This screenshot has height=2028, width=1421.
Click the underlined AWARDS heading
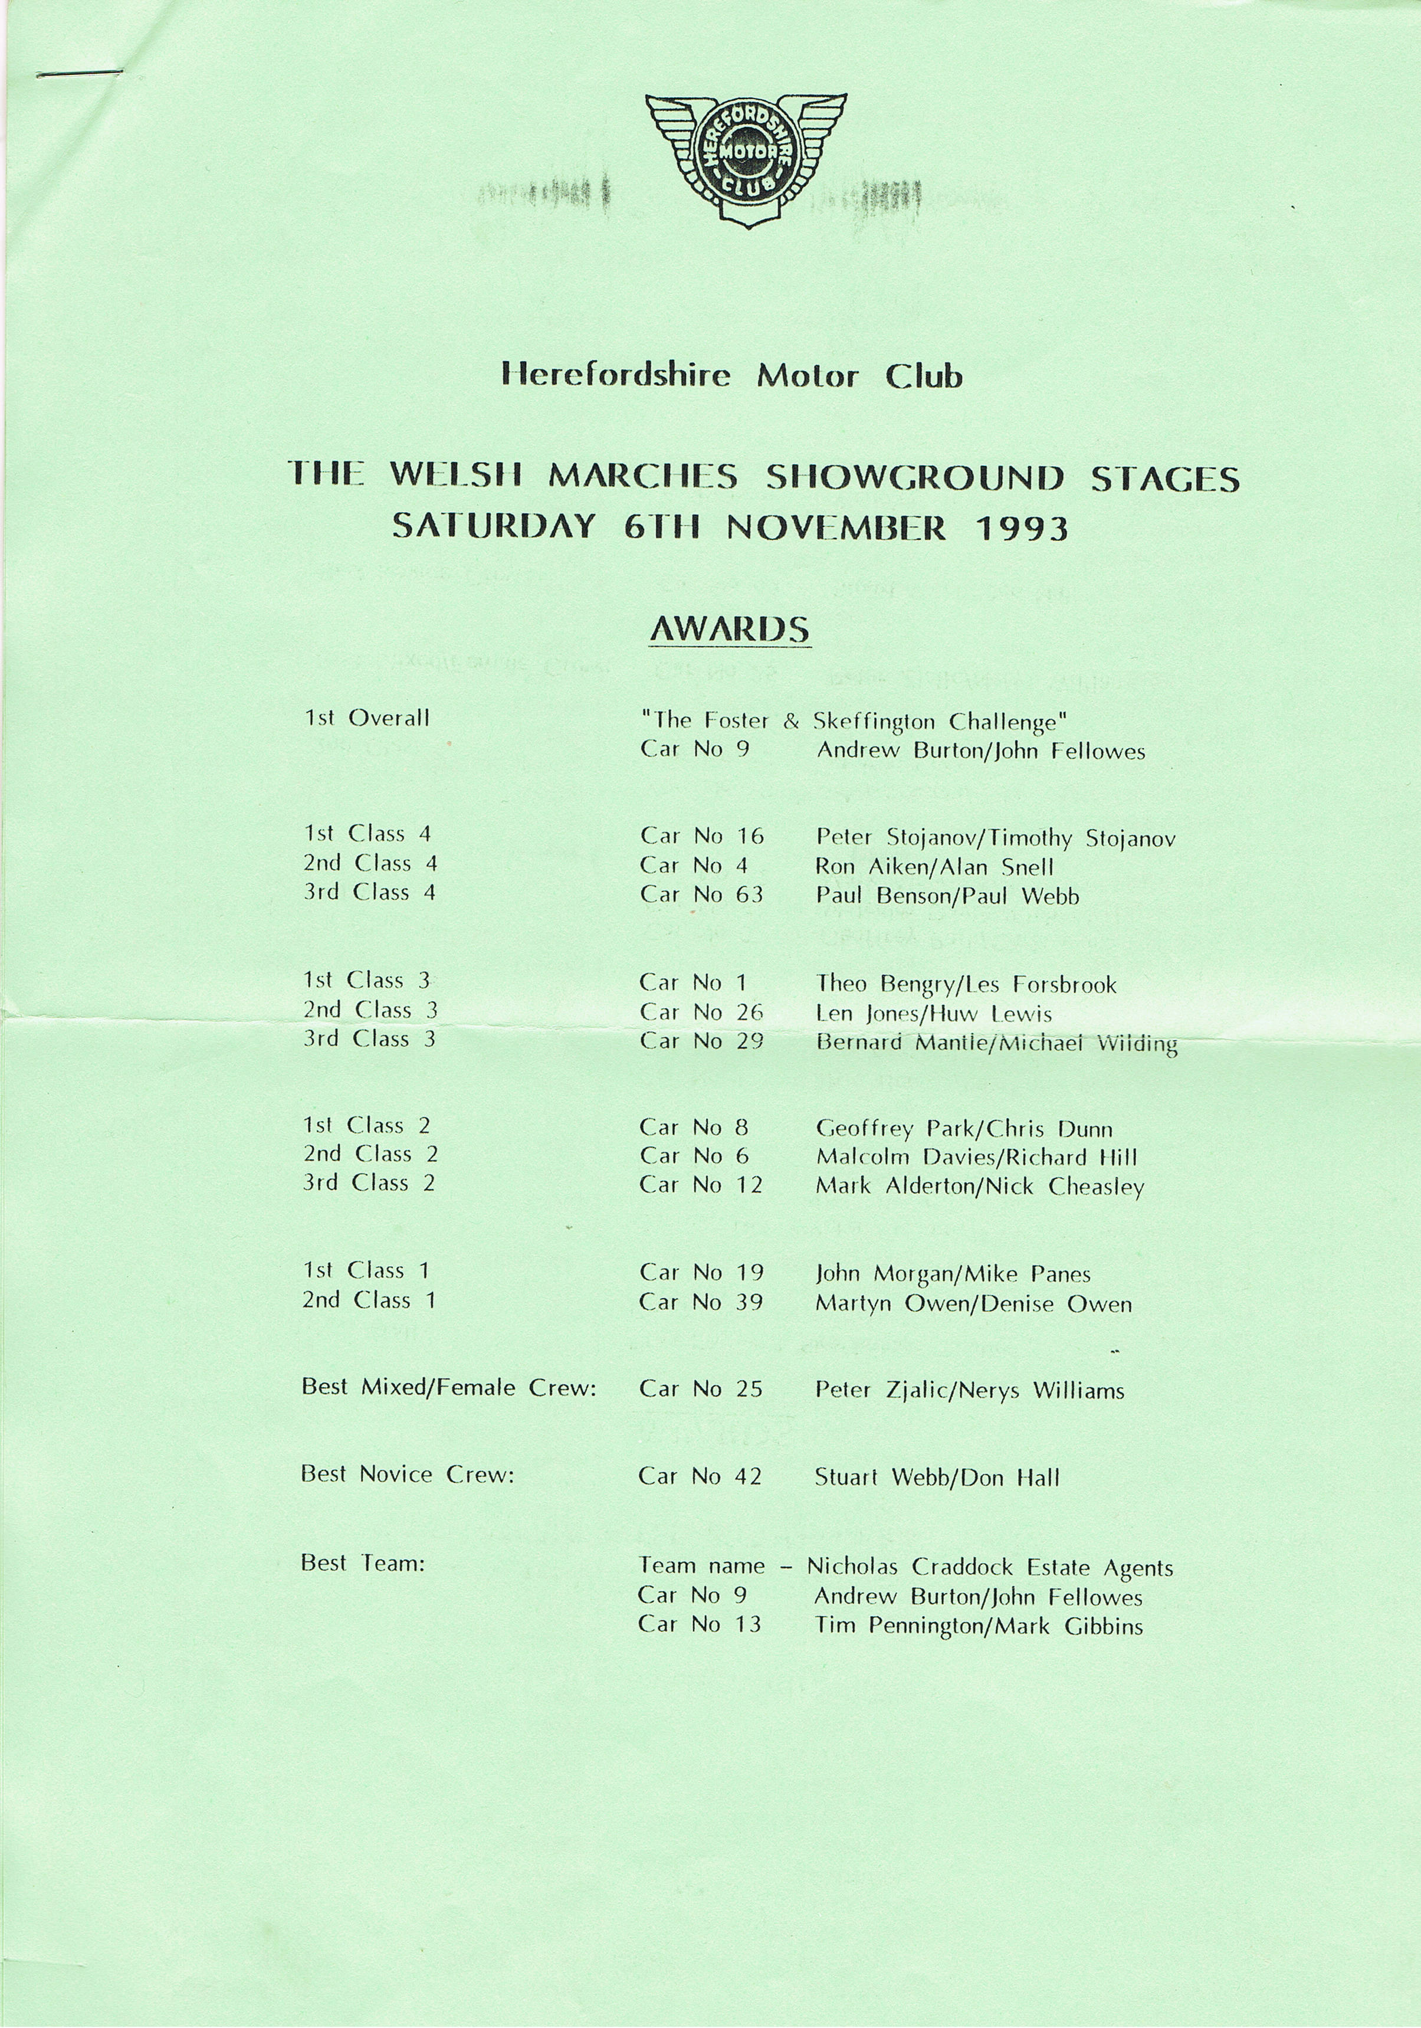pyautogui.click(x=730, y=629)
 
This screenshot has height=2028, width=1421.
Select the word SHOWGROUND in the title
pyautogui.click(x=914, y=478)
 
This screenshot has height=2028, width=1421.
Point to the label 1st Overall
pyautogui.click(x=366, y=718)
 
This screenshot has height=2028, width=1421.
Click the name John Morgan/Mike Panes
pyautogui.click(x=953, y=1274)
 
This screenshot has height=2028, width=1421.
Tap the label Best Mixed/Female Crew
pyautogui.click(x=449, y=1388)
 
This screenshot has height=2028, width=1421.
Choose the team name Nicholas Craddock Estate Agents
pyautogui.click(x=989, y=1567)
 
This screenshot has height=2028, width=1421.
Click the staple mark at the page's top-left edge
pyautogui.click(x=80, y=73)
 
